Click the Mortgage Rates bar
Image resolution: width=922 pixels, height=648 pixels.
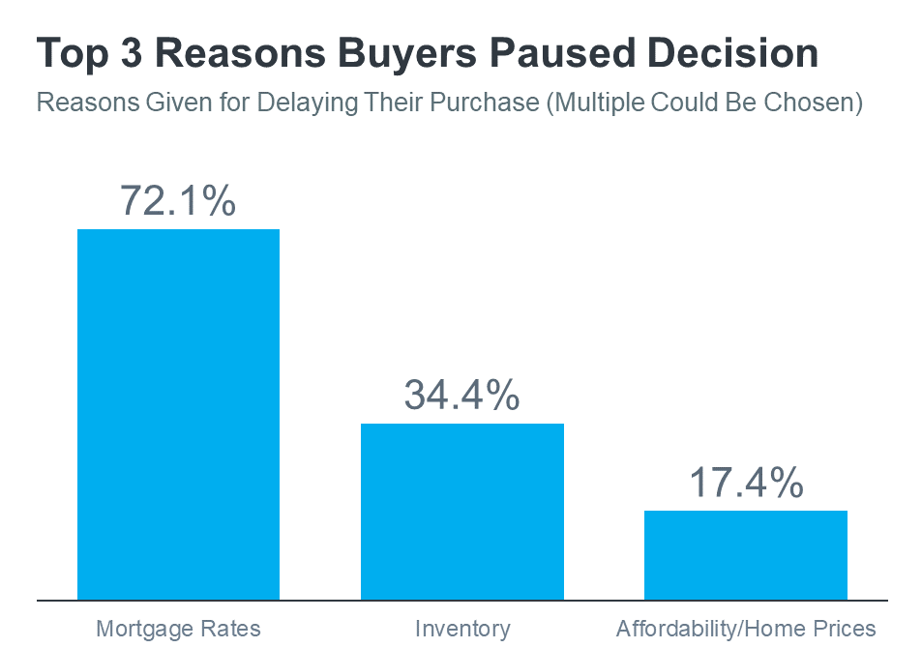point(178,414)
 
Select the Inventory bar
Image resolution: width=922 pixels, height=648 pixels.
point(461,511)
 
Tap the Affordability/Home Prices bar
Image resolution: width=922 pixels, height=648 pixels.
point(745,554)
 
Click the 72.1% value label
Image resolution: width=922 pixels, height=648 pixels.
point(178,199)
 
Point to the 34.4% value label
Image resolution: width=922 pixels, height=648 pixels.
point(461,395)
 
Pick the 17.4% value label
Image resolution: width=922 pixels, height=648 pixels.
point(745,482)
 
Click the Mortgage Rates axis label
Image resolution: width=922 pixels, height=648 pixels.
point(178,629)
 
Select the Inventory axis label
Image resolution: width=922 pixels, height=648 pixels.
point(461,629)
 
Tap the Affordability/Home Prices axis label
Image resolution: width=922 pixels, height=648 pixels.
point(745,629)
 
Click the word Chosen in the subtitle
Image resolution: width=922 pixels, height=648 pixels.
point(815,102)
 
